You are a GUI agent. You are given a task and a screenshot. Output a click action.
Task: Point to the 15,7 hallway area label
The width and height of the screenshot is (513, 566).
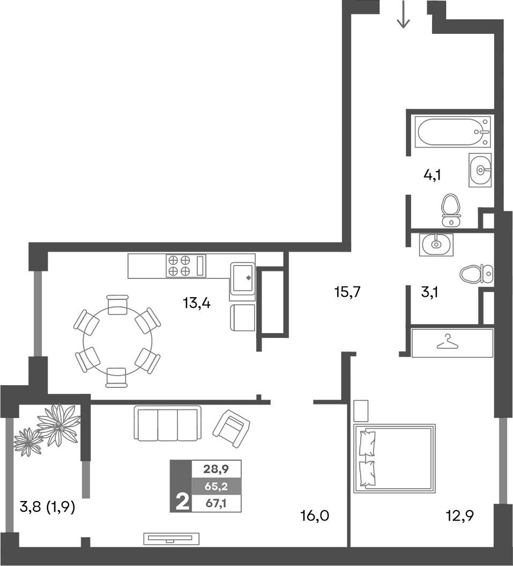[x=348, y=292]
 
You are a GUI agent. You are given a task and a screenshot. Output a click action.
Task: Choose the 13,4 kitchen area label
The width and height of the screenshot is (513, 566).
[x=197, y=304]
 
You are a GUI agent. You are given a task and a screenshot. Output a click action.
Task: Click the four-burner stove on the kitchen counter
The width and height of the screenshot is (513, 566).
[x=180, y=265]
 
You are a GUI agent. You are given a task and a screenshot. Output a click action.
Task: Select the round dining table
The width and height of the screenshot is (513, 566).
[x=117, y=341]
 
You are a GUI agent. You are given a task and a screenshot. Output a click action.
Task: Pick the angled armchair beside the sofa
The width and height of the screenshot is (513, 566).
[x=231, y=428]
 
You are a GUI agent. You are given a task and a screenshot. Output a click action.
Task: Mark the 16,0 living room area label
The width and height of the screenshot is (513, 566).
[x=314, y=517]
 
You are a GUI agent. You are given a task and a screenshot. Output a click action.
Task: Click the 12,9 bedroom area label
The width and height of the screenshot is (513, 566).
[x=460, y=517]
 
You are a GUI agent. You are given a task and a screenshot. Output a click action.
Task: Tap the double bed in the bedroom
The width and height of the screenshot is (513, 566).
[x=395, y=458]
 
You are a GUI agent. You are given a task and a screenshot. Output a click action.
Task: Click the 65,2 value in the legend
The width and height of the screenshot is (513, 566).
[x=216, y=487]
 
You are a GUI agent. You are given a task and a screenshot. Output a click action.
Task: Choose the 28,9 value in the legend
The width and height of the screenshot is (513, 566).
[x=216, y=469]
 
